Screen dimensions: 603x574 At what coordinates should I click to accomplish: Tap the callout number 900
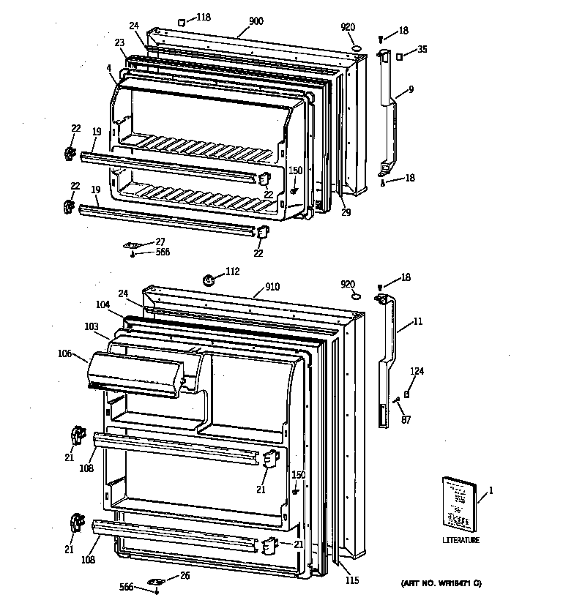click(256, 22)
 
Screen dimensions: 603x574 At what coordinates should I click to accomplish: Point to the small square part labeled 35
click(400, 56)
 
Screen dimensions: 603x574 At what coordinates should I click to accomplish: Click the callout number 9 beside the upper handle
click(411, 89)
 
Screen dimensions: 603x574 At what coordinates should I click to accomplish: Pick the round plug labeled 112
click(208, 278)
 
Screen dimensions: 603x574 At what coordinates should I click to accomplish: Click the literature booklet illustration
click(458, 502)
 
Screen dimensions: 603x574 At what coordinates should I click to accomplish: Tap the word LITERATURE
click(461, 541)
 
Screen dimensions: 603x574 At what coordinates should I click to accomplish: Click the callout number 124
click(416, 371)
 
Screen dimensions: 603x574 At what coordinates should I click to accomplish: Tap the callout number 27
click(160, 241)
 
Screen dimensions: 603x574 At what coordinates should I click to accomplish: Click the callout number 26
click(184, 575)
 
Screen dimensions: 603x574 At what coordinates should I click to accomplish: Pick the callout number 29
click(346, 212)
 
